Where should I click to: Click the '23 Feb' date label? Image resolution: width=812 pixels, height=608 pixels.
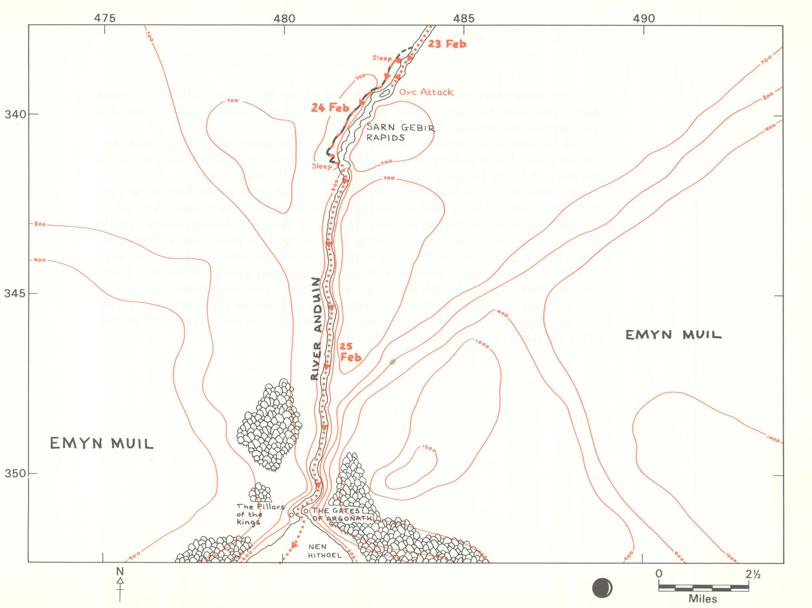(x=447, y=44)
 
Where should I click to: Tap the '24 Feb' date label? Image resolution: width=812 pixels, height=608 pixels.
(x=330, y=107)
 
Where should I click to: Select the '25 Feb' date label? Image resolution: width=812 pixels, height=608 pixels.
(x=350, y=352)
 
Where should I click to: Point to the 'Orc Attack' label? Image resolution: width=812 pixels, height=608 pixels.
(x=426, y=92)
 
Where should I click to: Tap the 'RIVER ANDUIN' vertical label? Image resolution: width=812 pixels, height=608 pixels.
(x=316, y=328)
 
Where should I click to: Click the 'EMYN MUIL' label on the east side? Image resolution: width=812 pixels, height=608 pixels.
(x=673, y=335)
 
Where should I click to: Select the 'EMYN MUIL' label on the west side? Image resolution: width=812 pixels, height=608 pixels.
(x=101, y=443)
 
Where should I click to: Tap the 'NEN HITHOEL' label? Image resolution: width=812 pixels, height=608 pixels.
(x=324, y=551)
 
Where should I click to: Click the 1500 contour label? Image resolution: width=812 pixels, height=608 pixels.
(x=429, y=449)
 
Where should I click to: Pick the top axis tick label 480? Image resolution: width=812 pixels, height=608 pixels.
(x=285, y=18)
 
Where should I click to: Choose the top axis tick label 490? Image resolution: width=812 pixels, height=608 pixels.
(x=644, y=18)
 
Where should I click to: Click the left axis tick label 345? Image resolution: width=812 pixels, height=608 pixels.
(x=15, y=294)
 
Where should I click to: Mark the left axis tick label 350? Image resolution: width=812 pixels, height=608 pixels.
(x=15, y=474)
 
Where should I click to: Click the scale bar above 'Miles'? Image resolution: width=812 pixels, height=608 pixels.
(x=703, y=588)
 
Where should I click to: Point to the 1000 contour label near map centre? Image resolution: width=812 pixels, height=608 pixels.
(x=482, y=344)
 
